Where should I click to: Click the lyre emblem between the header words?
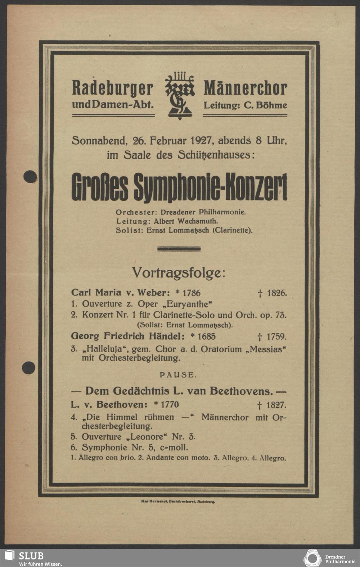180,95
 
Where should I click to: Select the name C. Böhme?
265,105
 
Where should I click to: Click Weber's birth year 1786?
189,293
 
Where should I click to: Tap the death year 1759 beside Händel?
276,337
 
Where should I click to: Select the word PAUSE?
179,375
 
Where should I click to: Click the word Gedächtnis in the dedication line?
139,391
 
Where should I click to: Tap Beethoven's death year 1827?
276,405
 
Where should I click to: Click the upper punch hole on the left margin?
30,176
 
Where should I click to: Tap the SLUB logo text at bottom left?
31,555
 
